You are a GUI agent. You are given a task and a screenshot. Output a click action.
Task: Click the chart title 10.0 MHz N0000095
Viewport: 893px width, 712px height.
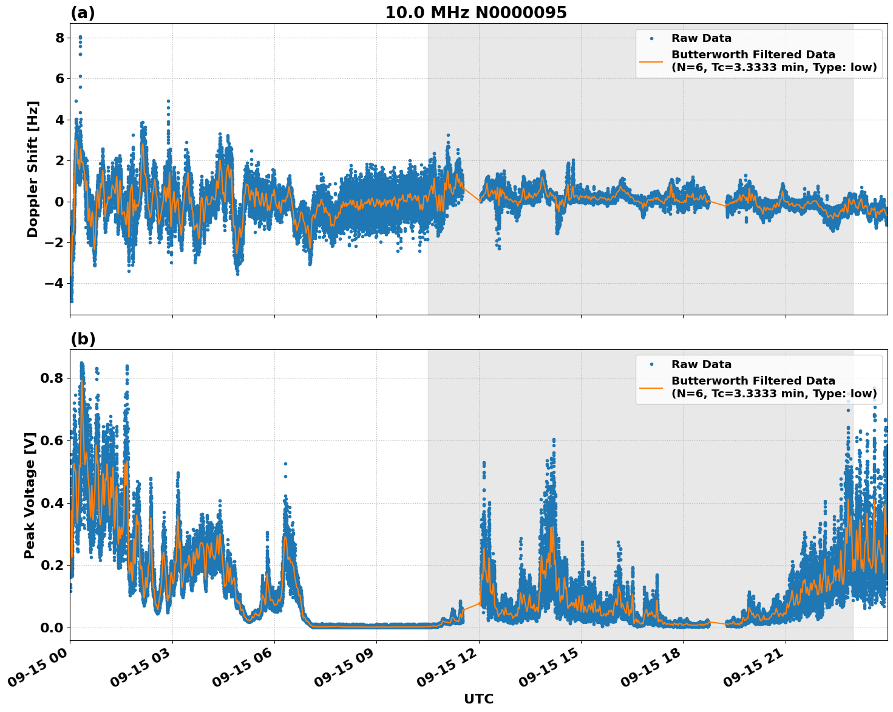click(476, 13)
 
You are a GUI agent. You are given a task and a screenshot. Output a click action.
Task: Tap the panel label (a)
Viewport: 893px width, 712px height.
click(83, 13)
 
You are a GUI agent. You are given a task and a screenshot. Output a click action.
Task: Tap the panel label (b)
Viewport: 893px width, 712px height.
click(83, 339)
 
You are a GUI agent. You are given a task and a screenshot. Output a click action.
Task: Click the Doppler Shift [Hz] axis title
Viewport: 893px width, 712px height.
click(33, 169)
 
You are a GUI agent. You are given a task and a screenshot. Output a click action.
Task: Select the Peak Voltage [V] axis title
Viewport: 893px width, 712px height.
click(30, 495)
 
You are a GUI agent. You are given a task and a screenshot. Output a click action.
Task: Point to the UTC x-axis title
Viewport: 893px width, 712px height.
click(478, 699)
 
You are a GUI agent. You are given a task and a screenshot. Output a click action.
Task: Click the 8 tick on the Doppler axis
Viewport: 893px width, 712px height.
click(59, 38)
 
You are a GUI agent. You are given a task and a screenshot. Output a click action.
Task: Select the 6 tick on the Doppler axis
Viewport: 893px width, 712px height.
click(59, 79)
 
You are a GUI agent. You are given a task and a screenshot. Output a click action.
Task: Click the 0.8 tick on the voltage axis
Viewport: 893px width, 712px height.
click(52, 378)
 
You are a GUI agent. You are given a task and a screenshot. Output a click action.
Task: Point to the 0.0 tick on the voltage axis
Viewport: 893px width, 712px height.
click(52, 628)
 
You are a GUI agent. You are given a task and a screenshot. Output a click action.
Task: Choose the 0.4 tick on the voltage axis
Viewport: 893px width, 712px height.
click(52, 503)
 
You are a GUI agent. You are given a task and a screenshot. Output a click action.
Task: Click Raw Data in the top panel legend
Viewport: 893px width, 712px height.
click(701, 38)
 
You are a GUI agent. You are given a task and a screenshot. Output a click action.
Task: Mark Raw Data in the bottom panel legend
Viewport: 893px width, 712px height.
click(701, 365)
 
